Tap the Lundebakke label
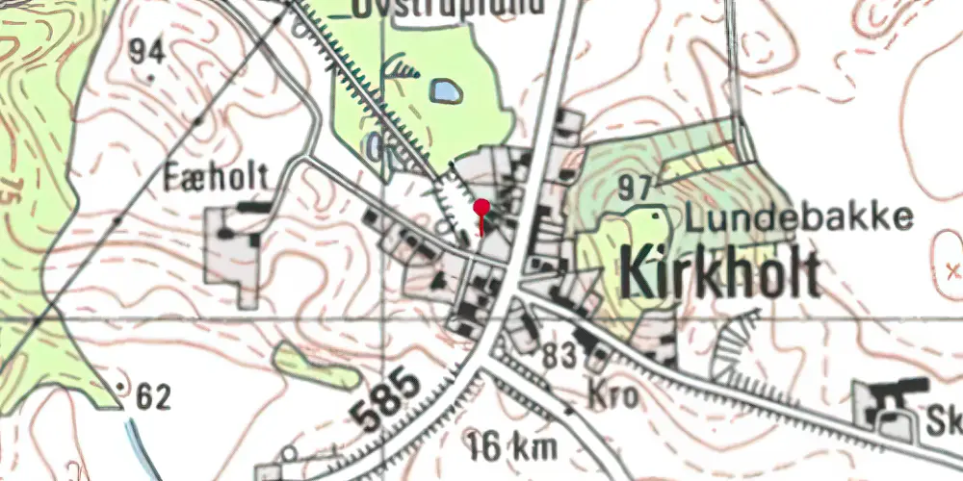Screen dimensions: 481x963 click(798, 217)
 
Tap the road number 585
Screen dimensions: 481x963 click(384, 398)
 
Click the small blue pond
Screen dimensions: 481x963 click(445, 91)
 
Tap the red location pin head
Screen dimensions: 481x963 click(481, 206)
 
